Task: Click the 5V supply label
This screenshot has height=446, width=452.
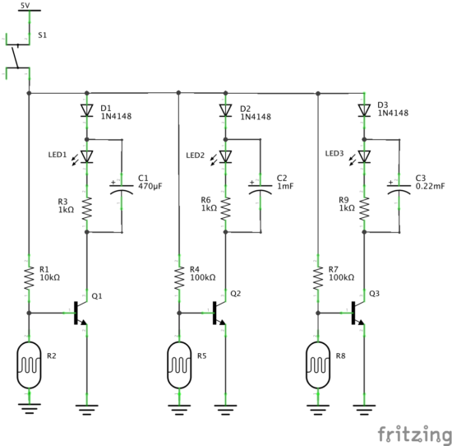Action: coord(25,5)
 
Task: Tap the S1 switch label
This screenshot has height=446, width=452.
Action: coord(42,35)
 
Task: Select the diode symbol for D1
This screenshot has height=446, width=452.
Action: coord(87,110)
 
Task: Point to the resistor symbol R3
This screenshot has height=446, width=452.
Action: coord(87,209)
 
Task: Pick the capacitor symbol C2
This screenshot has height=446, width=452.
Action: coord(261,188)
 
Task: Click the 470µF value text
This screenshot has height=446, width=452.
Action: coord(150,186)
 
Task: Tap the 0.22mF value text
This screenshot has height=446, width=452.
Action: coord(430,186)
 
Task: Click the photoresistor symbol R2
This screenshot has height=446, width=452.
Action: coord(29,365)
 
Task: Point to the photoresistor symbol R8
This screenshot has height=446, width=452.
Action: coord(318,365)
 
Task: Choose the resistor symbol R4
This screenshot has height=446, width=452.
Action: coord(179,278)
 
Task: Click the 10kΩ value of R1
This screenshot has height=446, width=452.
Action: coord(49,277)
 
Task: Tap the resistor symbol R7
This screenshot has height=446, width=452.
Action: coord(318,278)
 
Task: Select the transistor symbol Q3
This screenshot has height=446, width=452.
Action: coord(358,313)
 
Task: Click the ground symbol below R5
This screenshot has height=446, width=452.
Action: coord(179,409)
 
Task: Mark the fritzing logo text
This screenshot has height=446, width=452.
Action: coord(414,434)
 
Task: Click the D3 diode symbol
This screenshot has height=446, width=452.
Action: coord(364,110)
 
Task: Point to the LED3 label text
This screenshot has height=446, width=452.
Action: coord(334,154)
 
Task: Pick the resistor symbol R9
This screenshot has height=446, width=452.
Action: coord(364,209)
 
